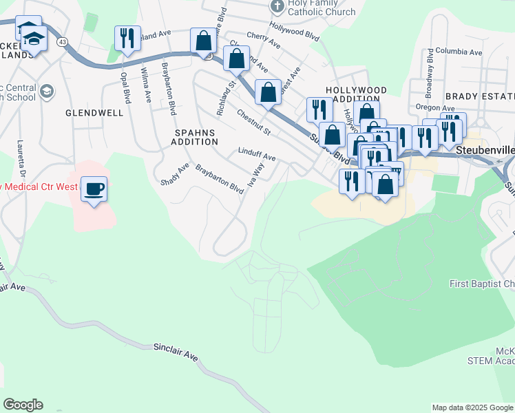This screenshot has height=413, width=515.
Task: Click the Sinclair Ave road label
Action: coord(176,352)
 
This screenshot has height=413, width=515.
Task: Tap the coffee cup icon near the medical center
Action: coord(94,188)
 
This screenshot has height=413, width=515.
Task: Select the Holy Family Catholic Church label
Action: coord(322,7)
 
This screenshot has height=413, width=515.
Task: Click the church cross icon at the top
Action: coord(277,7)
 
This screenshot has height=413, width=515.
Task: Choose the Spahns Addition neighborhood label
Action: coord(196,136)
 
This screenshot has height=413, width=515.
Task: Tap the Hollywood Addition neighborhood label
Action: coord(356,95)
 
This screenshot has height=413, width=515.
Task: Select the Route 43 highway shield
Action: coord(63,42)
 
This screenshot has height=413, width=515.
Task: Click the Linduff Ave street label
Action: coord(257,153)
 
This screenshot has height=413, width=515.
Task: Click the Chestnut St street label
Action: coord(254,122)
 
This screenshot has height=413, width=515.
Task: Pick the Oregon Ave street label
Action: coord(435,108)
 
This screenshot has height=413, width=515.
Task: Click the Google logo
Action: coord(23,405)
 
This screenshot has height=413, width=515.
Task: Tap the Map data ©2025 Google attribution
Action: coord(472,407)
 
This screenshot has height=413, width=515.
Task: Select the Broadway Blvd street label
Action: coord(430,66)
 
